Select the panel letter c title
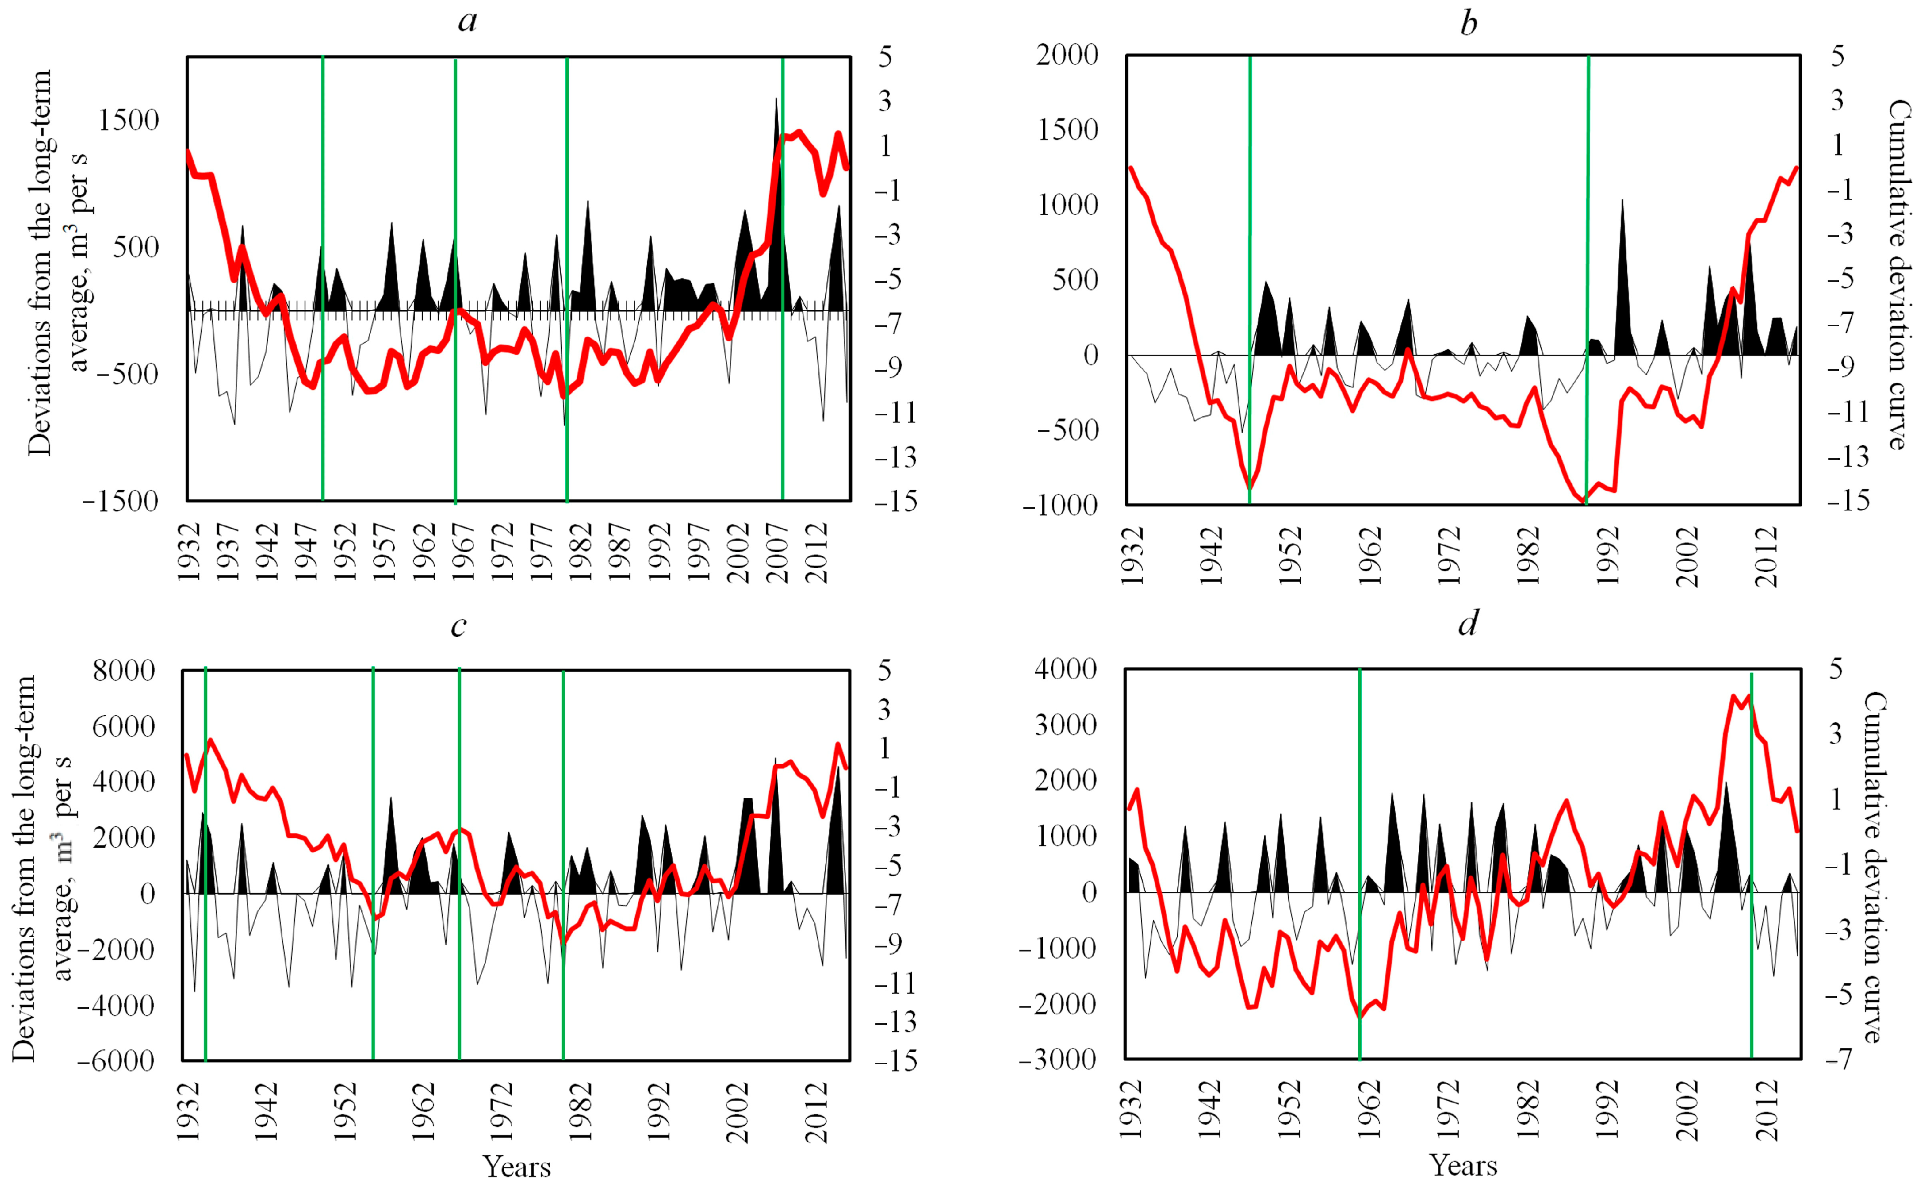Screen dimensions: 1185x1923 pos(459,625)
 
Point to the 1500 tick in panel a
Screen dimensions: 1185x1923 pos(128,121)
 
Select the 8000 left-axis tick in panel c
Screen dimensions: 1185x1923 pos(124,671)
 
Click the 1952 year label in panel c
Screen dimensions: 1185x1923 pos(345,1113)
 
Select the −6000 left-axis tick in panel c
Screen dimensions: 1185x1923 pos(116,1061)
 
